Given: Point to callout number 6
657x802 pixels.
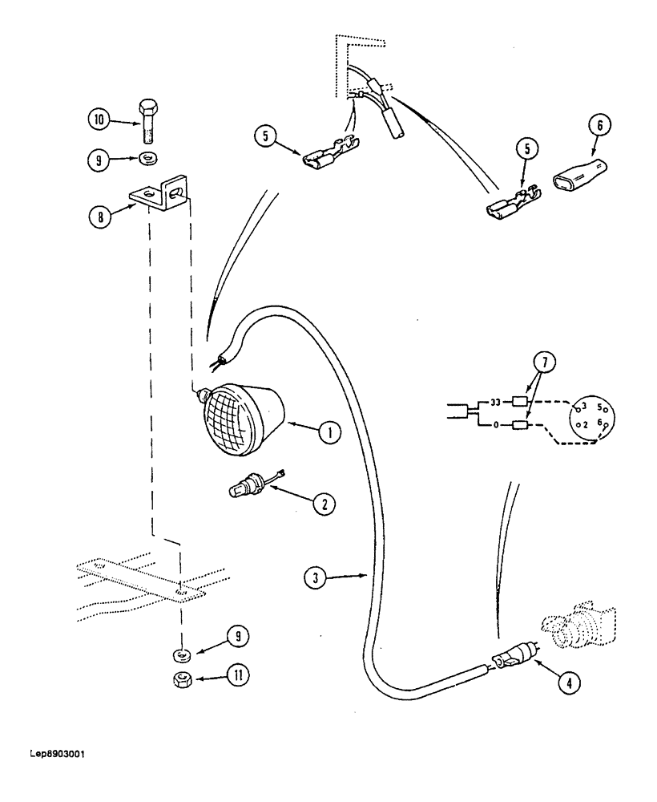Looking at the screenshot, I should pos(603,125).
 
